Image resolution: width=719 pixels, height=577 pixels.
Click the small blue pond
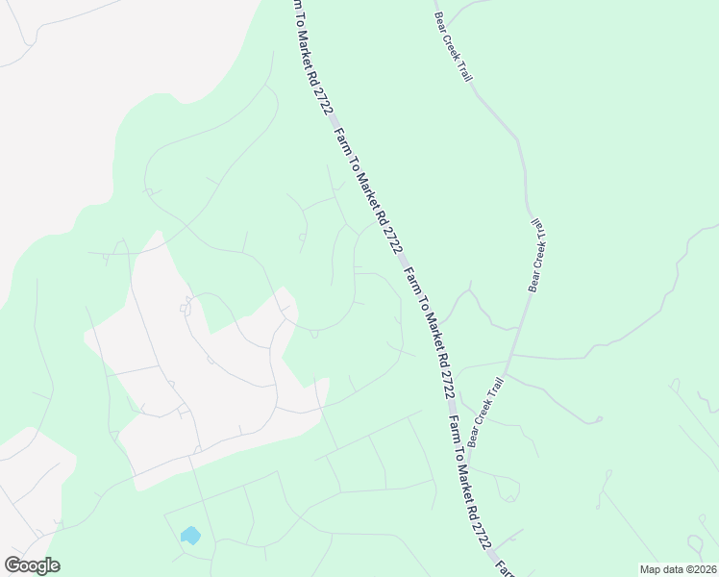point(190,535)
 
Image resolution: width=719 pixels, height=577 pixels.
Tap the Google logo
point(33,564)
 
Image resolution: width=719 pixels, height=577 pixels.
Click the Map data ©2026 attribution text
point(677,569)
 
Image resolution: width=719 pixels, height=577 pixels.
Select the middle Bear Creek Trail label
point(538,254)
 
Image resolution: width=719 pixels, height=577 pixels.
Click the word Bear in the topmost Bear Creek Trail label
point(441,23)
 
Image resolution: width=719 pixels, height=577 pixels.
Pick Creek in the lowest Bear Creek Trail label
point(485,414)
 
